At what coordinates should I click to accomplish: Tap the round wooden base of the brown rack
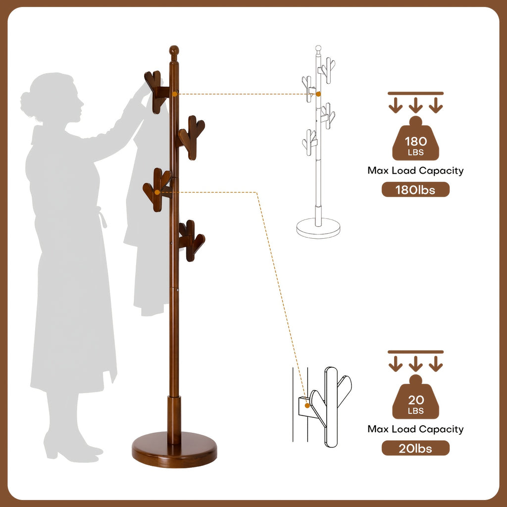click(x=174, y=450)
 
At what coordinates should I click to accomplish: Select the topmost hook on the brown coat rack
click(x=157, y=92)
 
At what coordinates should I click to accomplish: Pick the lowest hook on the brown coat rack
click(x=192, y=241)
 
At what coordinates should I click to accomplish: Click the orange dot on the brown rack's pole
click(x=175, y=94)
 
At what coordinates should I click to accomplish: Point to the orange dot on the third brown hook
click(x=157, y=193)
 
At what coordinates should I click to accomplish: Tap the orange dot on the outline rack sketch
click(x=318, y=94)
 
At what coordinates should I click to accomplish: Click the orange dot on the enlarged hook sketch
click(x=307, y=406)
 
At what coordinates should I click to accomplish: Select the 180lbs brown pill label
click(x=415, y=190)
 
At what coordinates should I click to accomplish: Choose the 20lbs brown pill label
click(x=415, y=448)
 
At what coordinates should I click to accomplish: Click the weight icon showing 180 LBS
click(x=415, y=139)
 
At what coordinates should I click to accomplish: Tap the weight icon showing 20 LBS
click(x=415, y=398)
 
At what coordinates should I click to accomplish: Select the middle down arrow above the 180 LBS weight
click(x=415, y=105)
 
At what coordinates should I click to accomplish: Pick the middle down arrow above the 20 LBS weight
click(x=415, y=363)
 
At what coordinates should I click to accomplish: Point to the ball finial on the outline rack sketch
click(x=318, y=49)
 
